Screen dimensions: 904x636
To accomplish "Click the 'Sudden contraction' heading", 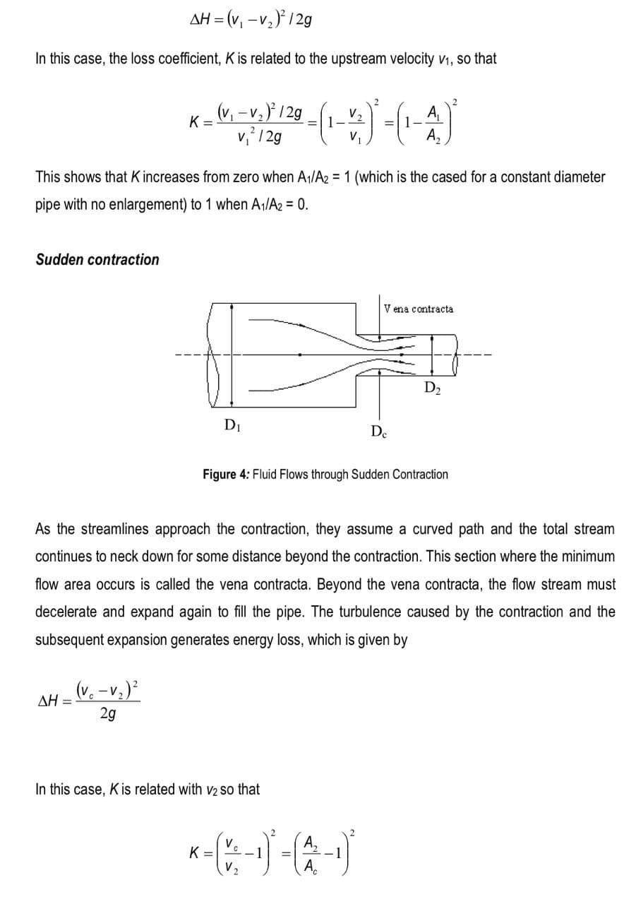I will pos(97,259).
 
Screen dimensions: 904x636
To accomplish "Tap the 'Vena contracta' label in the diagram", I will pos(419,309).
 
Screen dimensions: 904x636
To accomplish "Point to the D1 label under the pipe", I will pos(230,424).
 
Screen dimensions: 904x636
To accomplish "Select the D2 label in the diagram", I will pos(433,386).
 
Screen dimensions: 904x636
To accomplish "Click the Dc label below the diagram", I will pos(378,431).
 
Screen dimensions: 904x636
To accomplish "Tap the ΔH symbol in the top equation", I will pos(203,18).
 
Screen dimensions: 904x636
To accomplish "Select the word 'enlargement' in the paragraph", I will pos(147,205).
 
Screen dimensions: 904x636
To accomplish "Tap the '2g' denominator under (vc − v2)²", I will pos(109,714).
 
